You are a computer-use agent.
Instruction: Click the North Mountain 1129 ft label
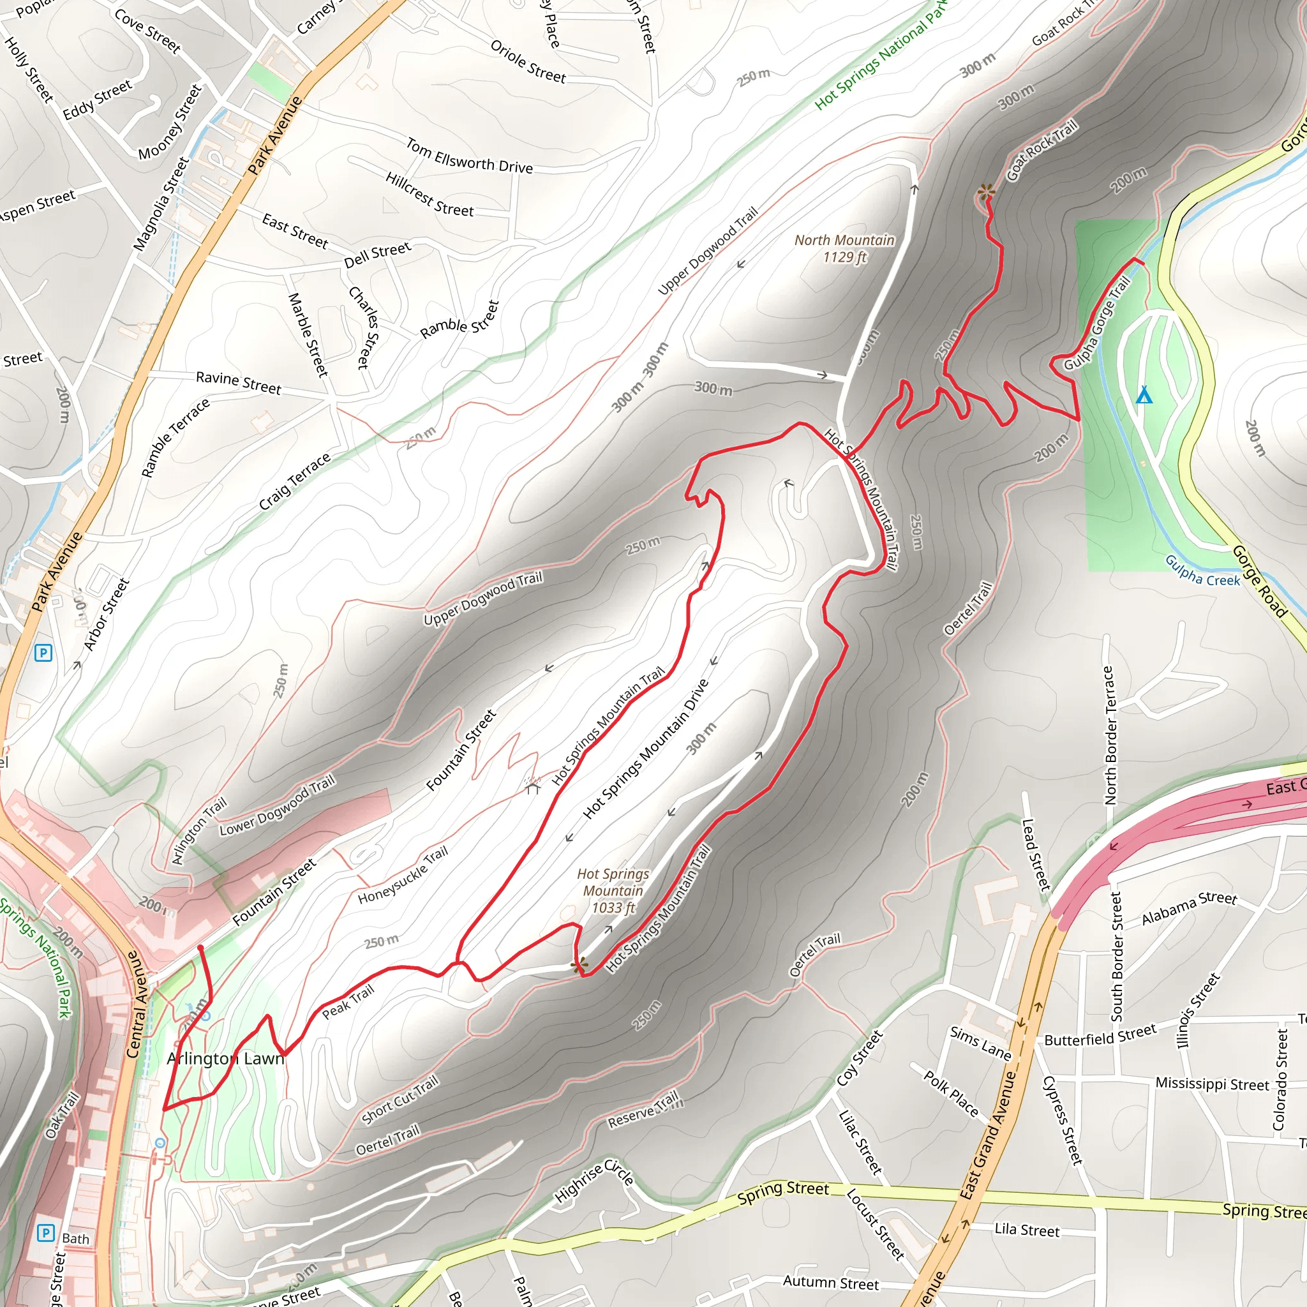coord(844,248)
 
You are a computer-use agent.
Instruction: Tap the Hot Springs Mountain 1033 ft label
coord(613,891)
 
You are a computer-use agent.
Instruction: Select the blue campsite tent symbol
coord(1143,395)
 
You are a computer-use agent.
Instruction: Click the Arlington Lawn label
coord(225,1059)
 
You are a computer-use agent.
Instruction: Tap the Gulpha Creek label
coord(1202,570)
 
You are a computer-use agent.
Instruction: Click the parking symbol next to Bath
coord(45,1232)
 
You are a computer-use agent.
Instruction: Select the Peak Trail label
coord(348,1003)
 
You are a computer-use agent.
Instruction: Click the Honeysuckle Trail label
coord(403,876)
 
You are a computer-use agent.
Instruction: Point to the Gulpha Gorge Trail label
coord(1096,324)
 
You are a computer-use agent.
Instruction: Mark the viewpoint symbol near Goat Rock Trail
coord(985,192)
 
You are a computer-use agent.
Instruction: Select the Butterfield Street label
coord(1100,1036)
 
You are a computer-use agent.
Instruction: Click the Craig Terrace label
coord(294,481)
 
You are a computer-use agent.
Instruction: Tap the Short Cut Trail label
coord(399,1100)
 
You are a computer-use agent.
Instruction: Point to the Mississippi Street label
coord(1212,1084)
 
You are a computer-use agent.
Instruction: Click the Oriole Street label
coord(528,63)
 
